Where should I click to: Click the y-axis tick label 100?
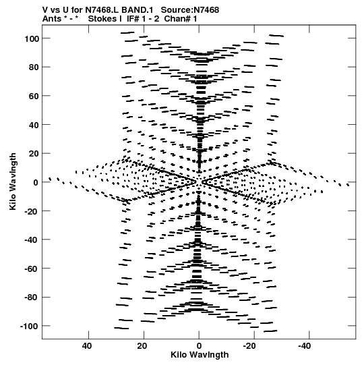click(32, 38)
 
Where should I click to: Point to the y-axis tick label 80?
click(34, 67)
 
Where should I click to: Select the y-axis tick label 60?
click(34, 96)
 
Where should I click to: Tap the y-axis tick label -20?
click(32, 211)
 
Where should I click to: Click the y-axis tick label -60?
click(32, 269)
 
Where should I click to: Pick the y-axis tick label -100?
click(29, 327)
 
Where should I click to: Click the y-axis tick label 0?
click(36, 182)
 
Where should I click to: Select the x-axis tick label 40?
click(87, 346)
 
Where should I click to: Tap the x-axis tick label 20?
click(142, 346)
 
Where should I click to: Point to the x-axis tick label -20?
click(249, 346)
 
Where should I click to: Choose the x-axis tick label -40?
click(305, 346)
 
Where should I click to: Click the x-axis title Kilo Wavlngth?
click(200, 355)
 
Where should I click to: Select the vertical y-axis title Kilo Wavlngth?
click(13, 181)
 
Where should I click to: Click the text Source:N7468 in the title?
click(190, 10)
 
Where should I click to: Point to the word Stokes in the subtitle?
click(102, 19)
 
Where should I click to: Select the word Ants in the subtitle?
click(52, 19)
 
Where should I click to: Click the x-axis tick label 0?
click(199, 346)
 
